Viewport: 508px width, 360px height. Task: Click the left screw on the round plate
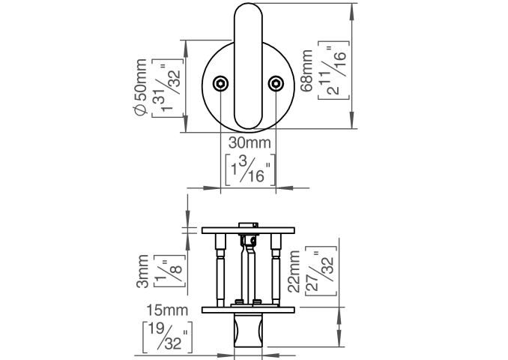222,83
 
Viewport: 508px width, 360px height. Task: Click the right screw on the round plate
276,83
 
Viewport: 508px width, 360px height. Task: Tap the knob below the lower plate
250,329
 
